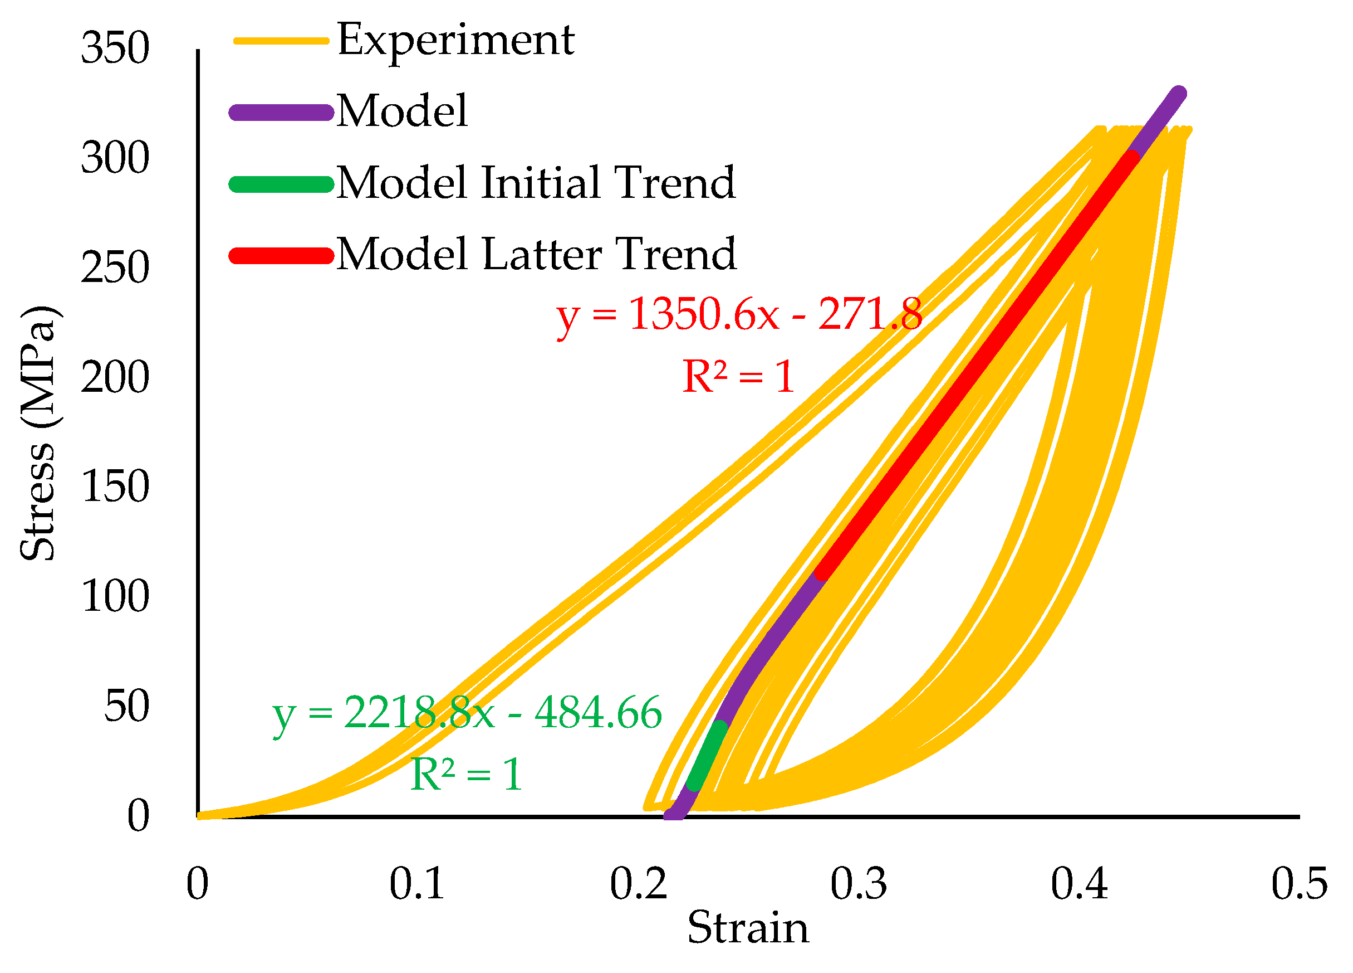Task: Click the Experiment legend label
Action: coord(456,41)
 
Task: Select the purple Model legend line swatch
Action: coord(281,113)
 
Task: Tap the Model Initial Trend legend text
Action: coord(536,183)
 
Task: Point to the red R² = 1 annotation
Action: coord(738,377)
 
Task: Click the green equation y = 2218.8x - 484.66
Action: coord(467,713)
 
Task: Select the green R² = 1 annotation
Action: coord(467,775)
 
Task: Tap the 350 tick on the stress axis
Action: coord(115,48)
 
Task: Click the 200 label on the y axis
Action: coord(115,378)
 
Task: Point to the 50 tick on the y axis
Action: coord(126,707)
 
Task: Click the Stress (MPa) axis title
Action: coord(39,434)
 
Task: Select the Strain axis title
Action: coord(748,929)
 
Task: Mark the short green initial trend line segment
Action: coord(708,756)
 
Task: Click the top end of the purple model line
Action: coord(1179,94)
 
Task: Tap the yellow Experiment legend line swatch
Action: coord(281,41)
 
